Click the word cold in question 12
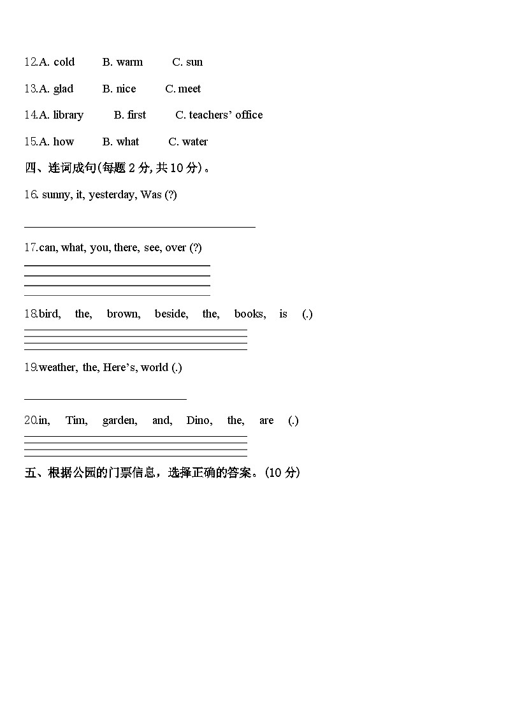tap(64, 62)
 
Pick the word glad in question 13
tap(63, 89)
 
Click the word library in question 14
tap(68, 115)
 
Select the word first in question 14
tap(136, 115)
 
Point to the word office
tap(249, 115)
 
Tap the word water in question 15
tap(195, 142)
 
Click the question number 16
tap(31, 194)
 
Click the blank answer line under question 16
tap(140, 226)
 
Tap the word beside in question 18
tap(171, 314)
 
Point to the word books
tap(249, 314)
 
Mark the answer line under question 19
tap(105, 399)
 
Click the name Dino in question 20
tap(199, 420)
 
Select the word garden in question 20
tap(119, 420)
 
